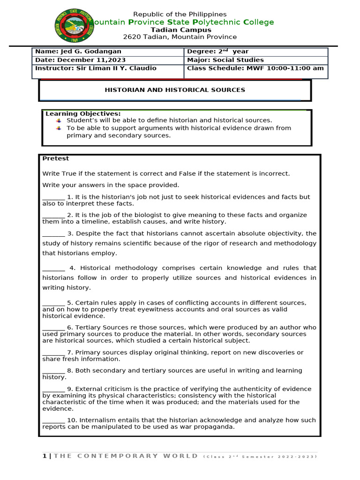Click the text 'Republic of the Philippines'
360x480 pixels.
[180, 15]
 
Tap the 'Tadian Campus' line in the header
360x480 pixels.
[180, 30]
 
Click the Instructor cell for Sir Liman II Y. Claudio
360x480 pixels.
[96, 68]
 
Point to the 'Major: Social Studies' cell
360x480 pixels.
[225, 60]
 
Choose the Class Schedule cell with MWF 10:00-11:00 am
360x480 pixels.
[255, 68]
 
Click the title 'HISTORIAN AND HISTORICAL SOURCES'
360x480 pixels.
[174, 90]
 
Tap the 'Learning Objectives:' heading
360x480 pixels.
[83, 114]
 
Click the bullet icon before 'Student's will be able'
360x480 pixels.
[59, 121]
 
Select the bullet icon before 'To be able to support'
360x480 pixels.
[59, 128]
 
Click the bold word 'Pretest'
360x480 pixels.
[55, 158]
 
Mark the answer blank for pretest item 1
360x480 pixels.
[53, 197]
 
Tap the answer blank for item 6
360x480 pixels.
[53, 328]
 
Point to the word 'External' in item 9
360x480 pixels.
[88, 389]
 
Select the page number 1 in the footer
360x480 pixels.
[45, 456]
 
